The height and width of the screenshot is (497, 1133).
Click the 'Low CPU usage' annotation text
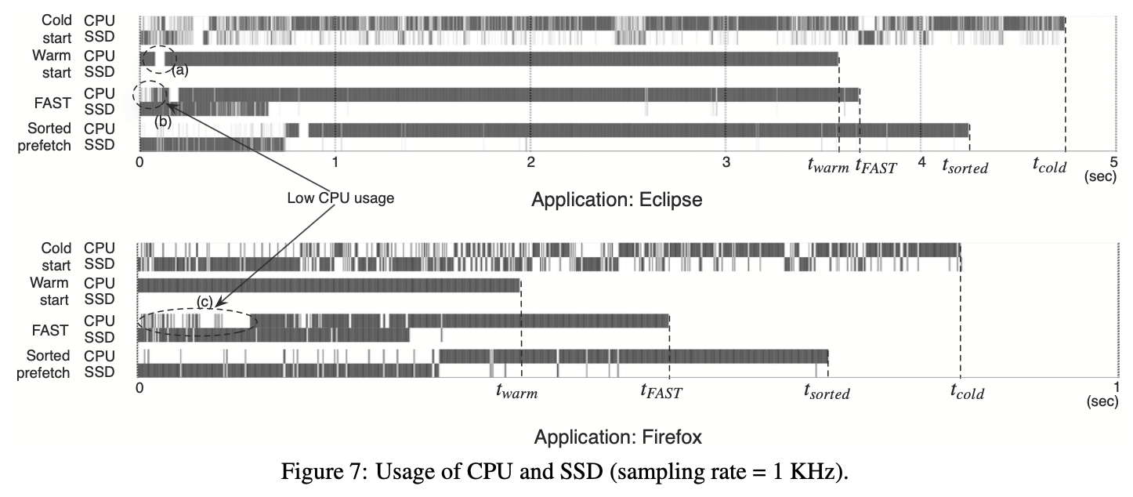[x=340, y=199]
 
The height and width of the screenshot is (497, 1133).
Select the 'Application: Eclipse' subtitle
[x=617, y=200]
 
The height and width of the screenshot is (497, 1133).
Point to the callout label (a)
[x=180, y=70]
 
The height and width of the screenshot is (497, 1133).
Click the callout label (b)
[x=163, y=121]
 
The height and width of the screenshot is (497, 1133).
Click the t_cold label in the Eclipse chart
[x=1049, y=165]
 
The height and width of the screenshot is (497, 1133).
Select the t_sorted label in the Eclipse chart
[x=965, y=165]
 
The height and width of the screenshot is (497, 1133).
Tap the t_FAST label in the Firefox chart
[x=661, y=391]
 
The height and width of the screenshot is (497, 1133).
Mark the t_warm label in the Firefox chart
[x=517, y=391]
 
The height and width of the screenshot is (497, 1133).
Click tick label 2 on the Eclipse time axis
[x=530, y=162]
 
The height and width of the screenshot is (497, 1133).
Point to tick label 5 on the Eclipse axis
[x=1115, y=162]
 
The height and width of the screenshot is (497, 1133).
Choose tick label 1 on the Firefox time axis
[x=1117, y=386]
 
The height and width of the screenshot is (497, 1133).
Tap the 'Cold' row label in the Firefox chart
[x=56, y=248]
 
